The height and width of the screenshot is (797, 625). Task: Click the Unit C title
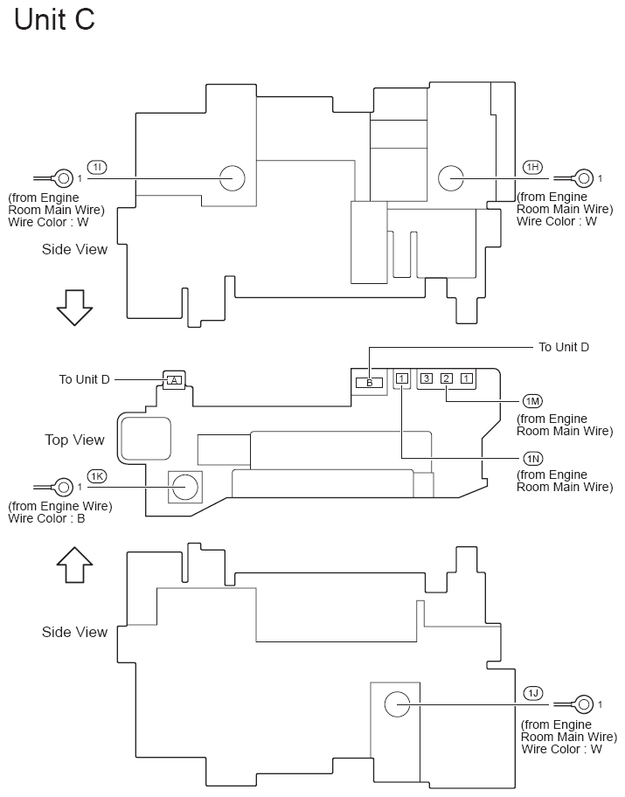[54, 19]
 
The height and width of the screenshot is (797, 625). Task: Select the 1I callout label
[97, 166]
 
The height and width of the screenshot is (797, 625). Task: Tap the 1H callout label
[532, 166]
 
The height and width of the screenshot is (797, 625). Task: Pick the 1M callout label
[532, 400]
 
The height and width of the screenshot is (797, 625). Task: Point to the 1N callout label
[532, 458]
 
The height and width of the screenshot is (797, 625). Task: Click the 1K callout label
[97, 476]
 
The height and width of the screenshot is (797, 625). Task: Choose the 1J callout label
[532, 693]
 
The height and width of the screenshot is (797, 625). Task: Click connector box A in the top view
[174, 380]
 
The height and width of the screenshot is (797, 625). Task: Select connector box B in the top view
[369, 382]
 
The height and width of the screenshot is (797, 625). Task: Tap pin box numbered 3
[427, 378]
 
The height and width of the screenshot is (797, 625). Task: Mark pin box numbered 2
[446, 378]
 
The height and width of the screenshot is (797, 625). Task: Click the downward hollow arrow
[73, 307]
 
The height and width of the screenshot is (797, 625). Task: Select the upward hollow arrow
[73, 565]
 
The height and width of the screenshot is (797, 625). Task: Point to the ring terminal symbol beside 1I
[64, 178]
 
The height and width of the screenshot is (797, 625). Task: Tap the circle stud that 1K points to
[184, 487]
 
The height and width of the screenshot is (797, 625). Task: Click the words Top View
[74, 440]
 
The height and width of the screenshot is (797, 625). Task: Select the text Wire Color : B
[46, 518]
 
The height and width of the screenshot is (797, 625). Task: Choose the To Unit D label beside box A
[85, 379]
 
